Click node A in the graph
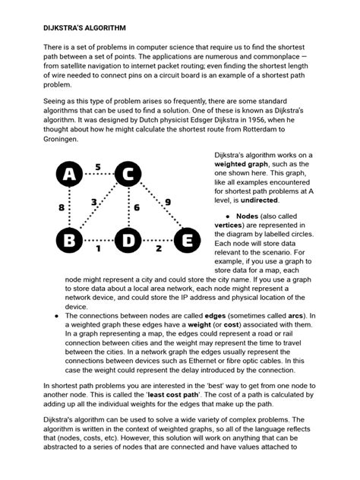pyautogui.click(x=70, y=175)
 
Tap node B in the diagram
pyautogui.click(x=70, y=242)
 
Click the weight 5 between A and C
pyautogui.click(x=97, y=166)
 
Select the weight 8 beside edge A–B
pyautogui.click(x=61, y=207)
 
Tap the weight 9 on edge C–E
pyautogui.click(x=167, y=202)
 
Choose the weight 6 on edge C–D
pyautogui.click(x=137, y=207)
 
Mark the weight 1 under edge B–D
pyautogui.click(x=97, y=248)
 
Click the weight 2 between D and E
pyautogui.click(x=158, y=248)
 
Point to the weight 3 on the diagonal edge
pyautogui.click(x=93, y=203)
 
